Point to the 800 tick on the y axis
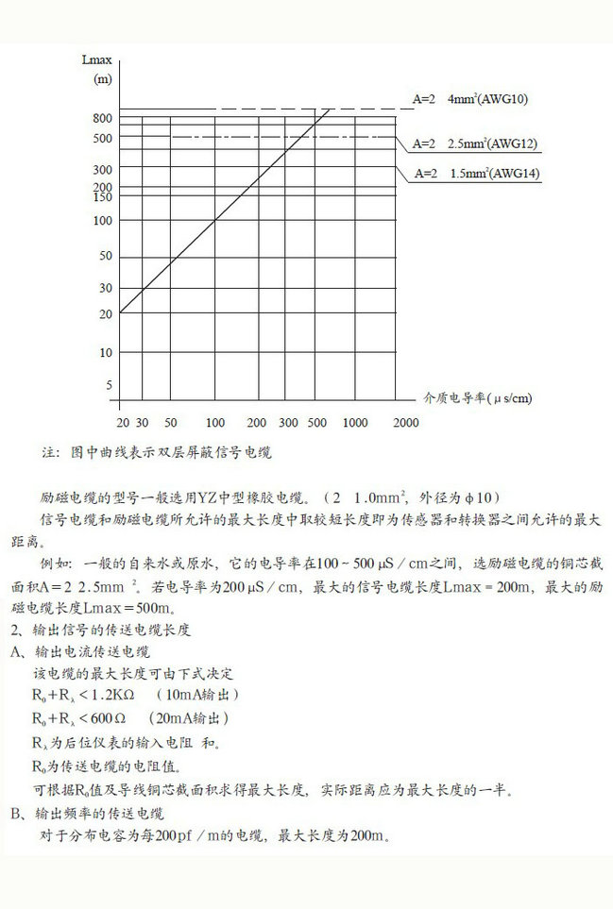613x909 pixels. (x=102, y=119)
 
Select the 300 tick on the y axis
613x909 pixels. (x=102, y=170)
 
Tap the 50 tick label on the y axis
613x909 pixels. (x=105, y=256)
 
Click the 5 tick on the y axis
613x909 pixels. (x=108, y=385)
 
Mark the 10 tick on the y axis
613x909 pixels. (x=105, y=352)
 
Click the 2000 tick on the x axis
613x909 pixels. (x=405, y=423)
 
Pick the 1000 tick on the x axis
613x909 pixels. (x=355, y=423)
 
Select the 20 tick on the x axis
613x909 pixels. (x=122, y=423)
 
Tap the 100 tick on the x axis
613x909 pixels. (x=215, y=423)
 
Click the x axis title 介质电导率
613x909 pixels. (x=455, y=398)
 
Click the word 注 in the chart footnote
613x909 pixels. (x=49, y=452)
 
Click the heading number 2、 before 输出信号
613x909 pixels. (x=17, y=629)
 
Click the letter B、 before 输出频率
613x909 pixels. (x=17, y=813)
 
